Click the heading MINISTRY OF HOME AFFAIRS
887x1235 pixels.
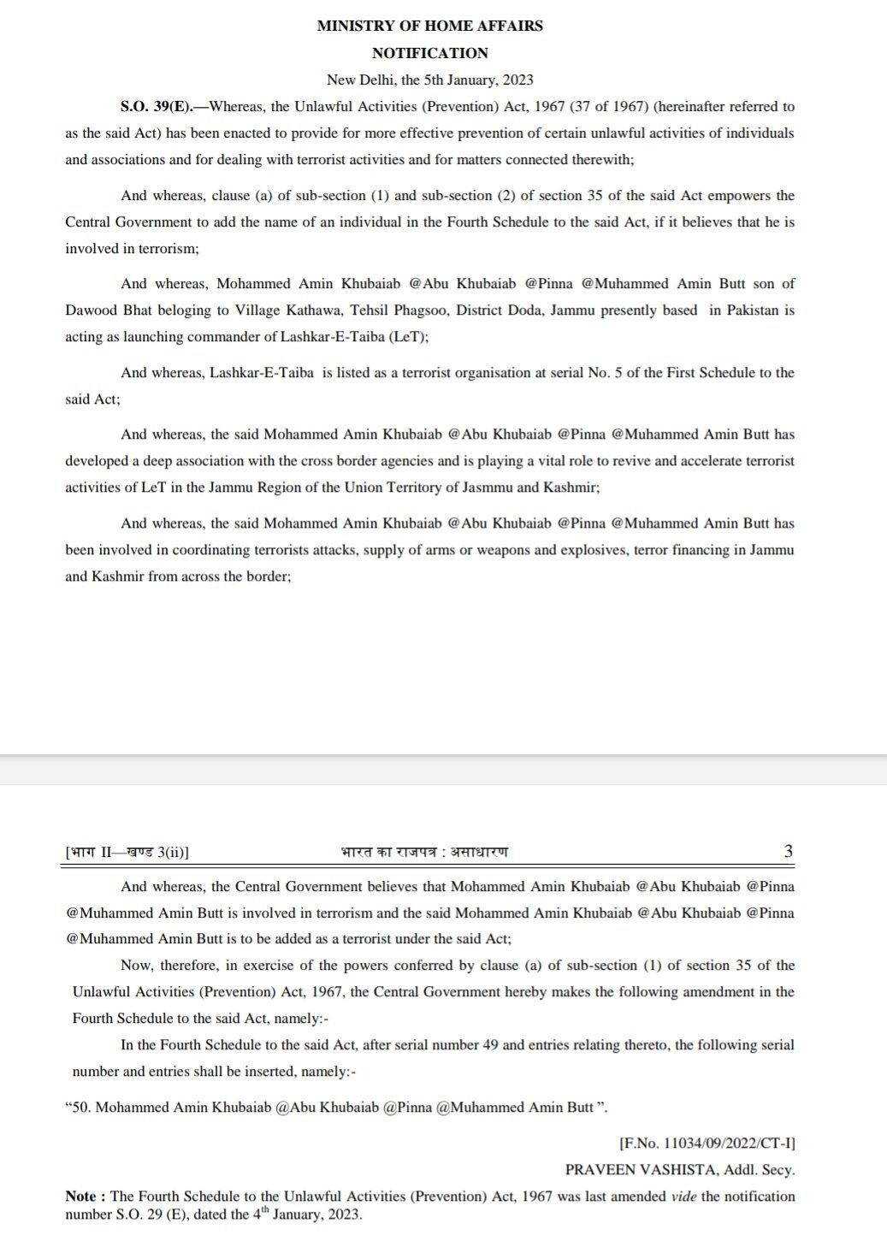point(429,26)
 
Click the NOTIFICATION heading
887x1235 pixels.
point(429,53)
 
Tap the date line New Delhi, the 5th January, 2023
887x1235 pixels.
point(429,80)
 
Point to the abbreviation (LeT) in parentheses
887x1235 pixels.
point(408,337)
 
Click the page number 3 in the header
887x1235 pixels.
point(788,852)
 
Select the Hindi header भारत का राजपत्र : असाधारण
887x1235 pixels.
point(423,852)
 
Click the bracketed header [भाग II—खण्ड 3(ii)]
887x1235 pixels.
point(127,852)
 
